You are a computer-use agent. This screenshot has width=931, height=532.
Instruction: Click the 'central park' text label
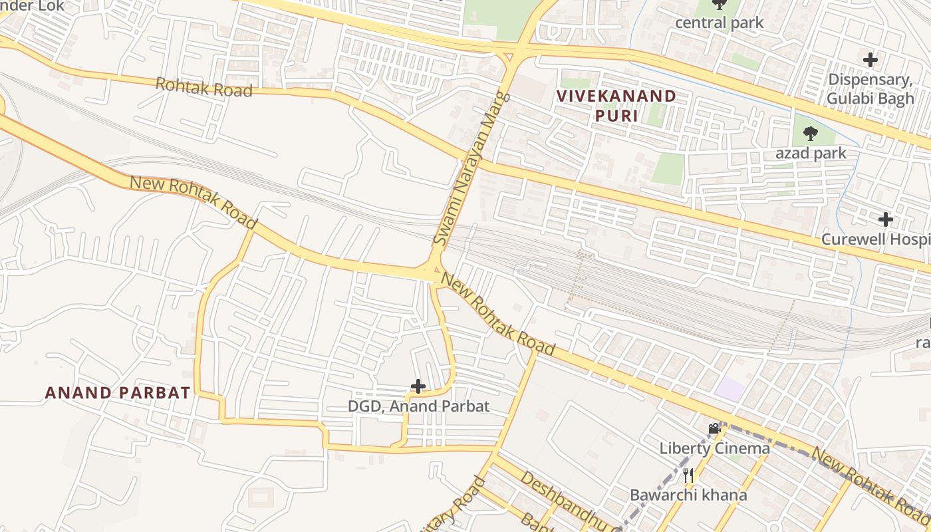coord(719,23)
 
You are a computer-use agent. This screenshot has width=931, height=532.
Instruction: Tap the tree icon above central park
coord(719,5)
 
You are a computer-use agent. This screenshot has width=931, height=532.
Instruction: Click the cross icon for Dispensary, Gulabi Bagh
coord(870,60)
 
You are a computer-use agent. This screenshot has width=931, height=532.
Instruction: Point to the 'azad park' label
coord(811,153)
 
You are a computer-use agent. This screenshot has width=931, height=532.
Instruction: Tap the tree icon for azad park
coord(810,134)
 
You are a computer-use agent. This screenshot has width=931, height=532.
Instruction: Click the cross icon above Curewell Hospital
coord(885,219)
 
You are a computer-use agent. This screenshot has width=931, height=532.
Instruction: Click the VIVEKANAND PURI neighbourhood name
coord(616,105)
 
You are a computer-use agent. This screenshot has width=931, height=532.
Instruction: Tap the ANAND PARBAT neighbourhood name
coord(118,392)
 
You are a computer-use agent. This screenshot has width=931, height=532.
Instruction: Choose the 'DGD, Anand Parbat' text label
coord(418,406)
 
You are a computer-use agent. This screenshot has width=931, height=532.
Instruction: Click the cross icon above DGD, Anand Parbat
coord(418,386)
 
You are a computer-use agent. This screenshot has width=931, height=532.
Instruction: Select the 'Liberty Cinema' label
coord(714,448)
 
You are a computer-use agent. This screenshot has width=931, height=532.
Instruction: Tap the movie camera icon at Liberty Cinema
coord(714,429)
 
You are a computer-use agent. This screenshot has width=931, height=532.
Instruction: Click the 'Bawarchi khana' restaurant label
coord(688,495)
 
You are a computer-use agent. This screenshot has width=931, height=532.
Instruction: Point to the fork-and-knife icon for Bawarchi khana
coord(688,475)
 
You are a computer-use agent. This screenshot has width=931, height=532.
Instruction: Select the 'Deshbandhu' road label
coord(571,502)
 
